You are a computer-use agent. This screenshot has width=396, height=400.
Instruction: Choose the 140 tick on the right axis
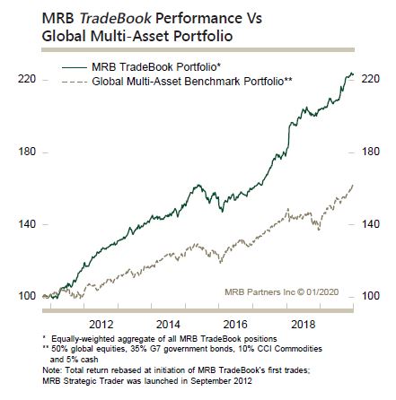point(370,223)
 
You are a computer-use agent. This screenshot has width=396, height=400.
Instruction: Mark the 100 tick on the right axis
point(370,293)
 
